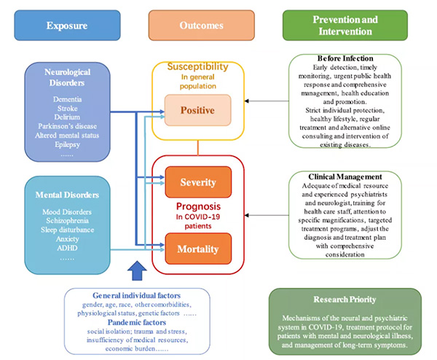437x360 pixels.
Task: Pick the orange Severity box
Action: coord(198,181)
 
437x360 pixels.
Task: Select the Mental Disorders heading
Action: coord(67,195)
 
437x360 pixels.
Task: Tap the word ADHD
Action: coord(67,249)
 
